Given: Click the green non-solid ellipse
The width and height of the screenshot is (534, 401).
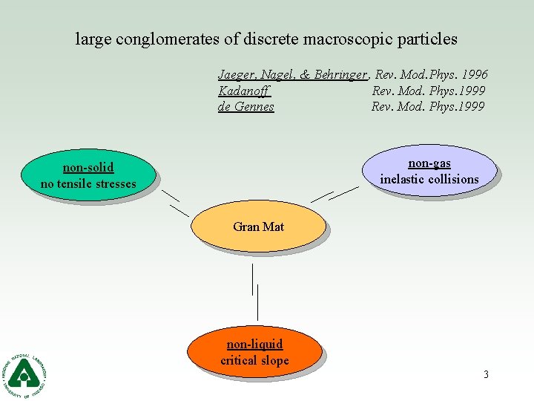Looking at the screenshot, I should pos(88,175).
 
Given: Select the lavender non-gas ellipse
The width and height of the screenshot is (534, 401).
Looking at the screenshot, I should pos(429,171).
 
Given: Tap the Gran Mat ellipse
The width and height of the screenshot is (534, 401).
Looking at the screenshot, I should pos(258,226).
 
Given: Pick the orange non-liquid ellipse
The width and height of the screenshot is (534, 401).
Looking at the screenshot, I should pos(254,353).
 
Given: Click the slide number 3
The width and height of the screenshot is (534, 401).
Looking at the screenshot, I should pos(486,374).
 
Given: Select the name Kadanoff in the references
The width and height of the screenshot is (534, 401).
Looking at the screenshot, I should pos(244,91).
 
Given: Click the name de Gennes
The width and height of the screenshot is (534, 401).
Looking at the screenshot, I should pos(246,107).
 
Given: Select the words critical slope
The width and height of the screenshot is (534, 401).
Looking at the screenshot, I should pos(254,361).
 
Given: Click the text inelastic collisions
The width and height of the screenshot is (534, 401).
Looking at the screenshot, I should pos(429,179).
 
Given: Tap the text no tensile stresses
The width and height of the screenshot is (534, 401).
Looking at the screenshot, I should pos(88,183).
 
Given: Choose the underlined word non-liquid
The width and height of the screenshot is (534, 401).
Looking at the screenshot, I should pos(254,345).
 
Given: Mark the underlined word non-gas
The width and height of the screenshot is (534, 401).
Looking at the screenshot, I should pos(429,163).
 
